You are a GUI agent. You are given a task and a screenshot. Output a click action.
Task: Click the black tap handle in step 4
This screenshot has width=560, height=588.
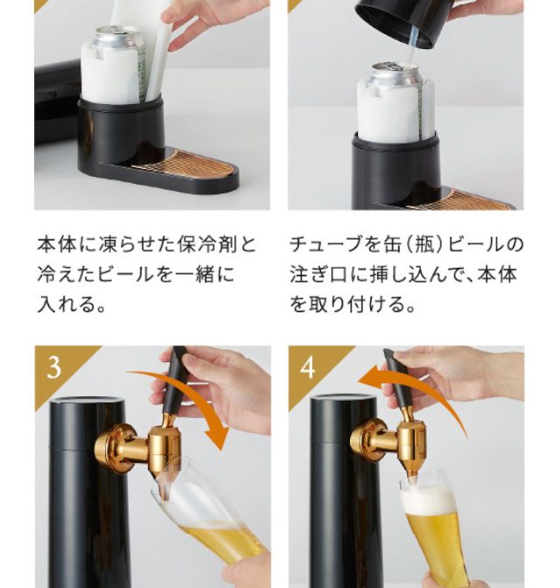(x=398, y=378)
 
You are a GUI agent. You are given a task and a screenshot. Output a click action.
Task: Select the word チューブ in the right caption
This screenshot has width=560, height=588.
(x=325, y=244)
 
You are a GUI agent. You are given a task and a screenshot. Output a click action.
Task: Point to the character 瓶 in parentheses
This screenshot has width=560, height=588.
(x=424, y=244)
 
